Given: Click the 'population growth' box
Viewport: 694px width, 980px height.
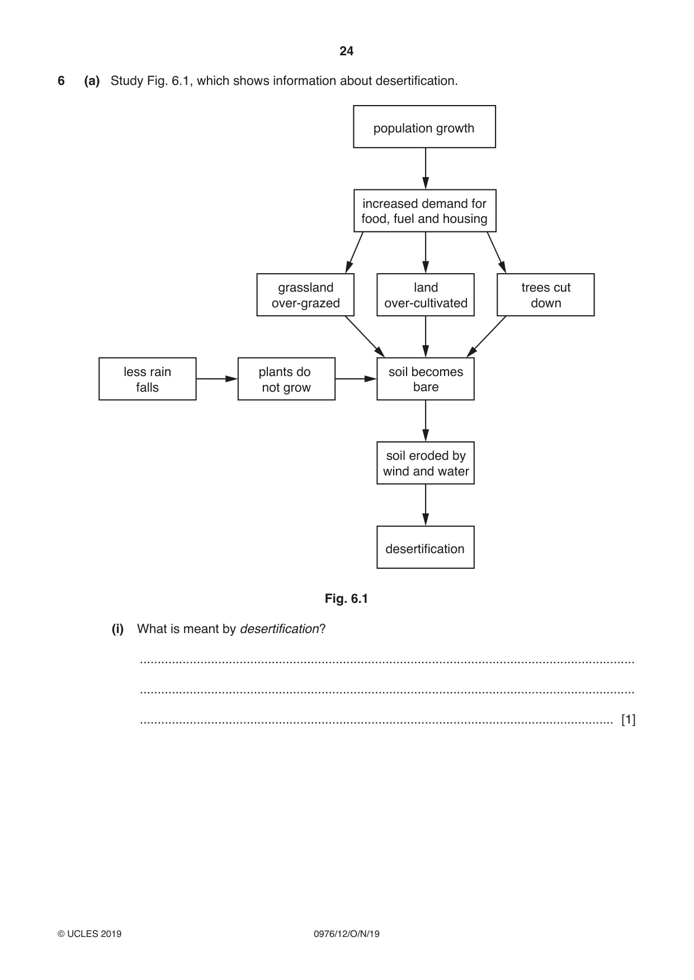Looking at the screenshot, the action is pos(424,127).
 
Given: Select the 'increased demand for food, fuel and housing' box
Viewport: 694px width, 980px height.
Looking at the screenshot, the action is pos(425,211).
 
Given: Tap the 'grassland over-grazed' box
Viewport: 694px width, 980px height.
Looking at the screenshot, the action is pos(305,295).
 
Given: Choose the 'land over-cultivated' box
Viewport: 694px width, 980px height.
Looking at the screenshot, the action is pos(426,295).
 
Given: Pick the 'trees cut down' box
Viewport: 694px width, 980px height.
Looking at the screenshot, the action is pos(546,295).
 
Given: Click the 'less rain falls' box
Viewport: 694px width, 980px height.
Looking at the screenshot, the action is pos(148,379).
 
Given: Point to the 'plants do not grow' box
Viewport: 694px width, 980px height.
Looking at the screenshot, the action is pos(286,379).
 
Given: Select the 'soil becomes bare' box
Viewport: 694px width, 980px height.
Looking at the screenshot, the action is pos(426,379).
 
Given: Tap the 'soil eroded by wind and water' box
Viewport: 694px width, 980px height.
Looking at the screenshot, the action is pos(426,463).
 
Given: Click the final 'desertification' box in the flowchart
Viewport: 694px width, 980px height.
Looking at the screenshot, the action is pos(426,548).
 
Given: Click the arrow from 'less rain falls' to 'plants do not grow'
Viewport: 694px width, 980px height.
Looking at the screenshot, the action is pos(217,379).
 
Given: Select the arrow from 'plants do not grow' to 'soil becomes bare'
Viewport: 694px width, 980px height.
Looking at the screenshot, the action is pos(356,379).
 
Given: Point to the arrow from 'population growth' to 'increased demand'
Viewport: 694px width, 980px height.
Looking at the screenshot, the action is pos(426,169).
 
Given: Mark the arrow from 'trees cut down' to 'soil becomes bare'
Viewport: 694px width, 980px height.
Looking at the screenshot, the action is pos(486,336).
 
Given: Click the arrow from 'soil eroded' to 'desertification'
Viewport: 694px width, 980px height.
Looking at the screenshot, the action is pos(426,505).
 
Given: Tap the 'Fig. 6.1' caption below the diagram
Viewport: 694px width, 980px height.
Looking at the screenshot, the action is pos(346,599).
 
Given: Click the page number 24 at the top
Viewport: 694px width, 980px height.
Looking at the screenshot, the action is pos(346,51).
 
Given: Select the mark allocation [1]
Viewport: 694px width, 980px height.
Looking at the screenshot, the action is pos(629,720).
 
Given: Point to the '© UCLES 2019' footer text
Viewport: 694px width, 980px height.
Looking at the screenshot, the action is pos(89,934).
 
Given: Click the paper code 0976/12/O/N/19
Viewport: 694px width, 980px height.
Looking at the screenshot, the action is pos(347,934).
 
